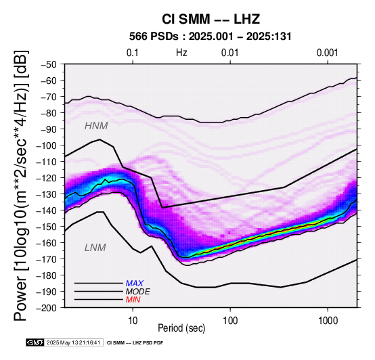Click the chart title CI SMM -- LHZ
tap(211, 19)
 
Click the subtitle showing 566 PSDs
tap(211, 37)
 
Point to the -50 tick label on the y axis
tap(49, 64)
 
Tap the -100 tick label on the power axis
tap(47, 145)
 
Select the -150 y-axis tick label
tap(47, 227)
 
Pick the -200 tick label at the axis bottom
tap(47, 308)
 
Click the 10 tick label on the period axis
tap(133, 321)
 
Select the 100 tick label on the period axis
tap(230, 321)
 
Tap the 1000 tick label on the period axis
tap(328, 321)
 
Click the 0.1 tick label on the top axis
tap(132, 53)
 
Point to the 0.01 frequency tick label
tap(230, 53)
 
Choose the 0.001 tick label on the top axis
tap(327, 53)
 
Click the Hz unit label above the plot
tap(181, 53)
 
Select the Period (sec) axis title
tap(181, 328)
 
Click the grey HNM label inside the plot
tap(96, 126)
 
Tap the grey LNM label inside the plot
tap(95, 248)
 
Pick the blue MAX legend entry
tap(135, 284)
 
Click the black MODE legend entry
tap(138, 292)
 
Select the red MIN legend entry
tap(133, 300)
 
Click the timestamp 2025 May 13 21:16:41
tap(73, 343)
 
